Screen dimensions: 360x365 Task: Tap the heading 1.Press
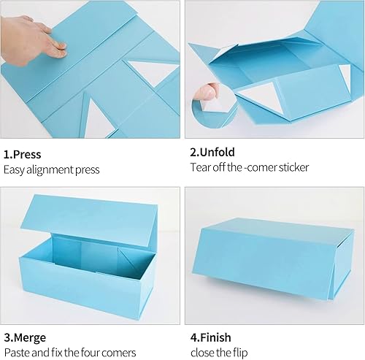coord(22,154)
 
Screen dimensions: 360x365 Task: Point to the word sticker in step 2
coord(292,167)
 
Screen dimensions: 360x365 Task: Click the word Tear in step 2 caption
coord(199,167)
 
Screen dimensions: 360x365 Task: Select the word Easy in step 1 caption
coord(15,169)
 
